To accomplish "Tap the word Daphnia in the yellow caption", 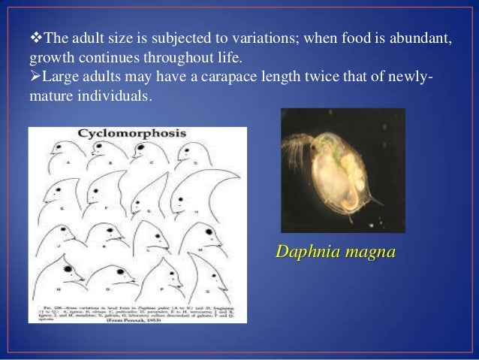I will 308,252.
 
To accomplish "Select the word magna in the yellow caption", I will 368,252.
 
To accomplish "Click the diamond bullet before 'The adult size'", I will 35,39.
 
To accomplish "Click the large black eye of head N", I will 68,268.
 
